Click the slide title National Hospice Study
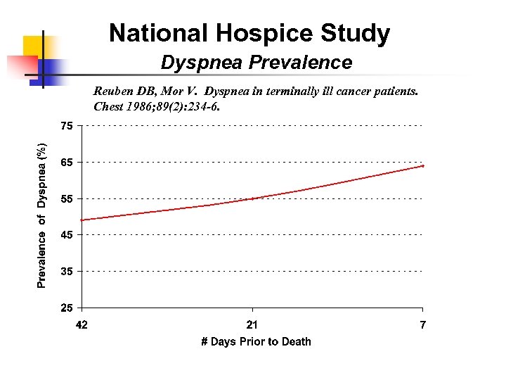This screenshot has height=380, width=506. coord(249,32)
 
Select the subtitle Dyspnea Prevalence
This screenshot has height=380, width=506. coord(257,63)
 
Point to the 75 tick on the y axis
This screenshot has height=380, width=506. coord(65,127)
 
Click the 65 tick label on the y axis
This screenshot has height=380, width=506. coord(65,163)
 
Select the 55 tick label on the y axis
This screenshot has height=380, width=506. coord(65,199)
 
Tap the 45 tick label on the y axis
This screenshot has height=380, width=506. coord(65,235)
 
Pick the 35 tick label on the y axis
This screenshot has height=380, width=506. coord(65,272)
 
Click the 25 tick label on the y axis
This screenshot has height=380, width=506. coord(65,308)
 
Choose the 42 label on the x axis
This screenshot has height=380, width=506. coord(82,324)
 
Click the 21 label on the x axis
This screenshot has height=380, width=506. coord(252,324)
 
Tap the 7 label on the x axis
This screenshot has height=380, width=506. coord(423,324)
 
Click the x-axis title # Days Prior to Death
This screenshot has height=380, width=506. coord(256,341)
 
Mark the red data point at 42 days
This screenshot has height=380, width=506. coord(82,220)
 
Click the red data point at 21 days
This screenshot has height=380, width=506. coord(252,198)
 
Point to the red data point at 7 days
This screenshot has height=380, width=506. coord(422,166)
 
